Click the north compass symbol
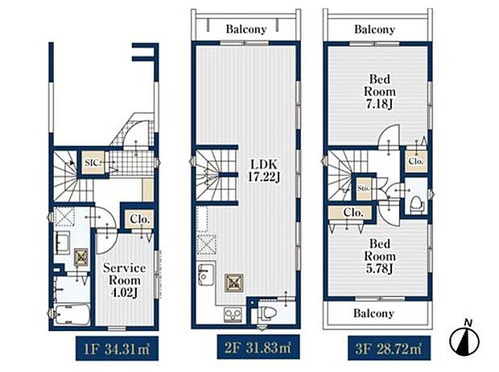[464, 341]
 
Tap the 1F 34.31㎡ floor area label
[117, 349]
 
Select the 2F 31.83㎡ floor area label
[258, 348]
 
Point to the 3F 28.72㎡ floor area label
[389, 349]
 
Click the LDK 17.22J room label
[264, 171]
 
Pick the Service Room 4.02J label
[125, 280]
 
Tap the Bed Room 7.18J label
[379, 92]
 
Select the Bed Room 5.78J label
[380, 256]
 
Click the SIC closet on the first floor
[93, 163]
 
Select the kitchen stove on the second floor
[233, 314]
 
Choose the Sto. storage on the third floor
[363, 188]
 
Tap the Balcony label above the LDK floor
[246, 29]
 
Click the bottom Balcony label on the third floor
[373, 313]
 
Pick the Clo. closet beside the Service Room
[140, 219]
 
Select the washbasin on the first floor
[63, 242]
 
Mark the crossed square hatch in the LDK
[234, 283]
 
